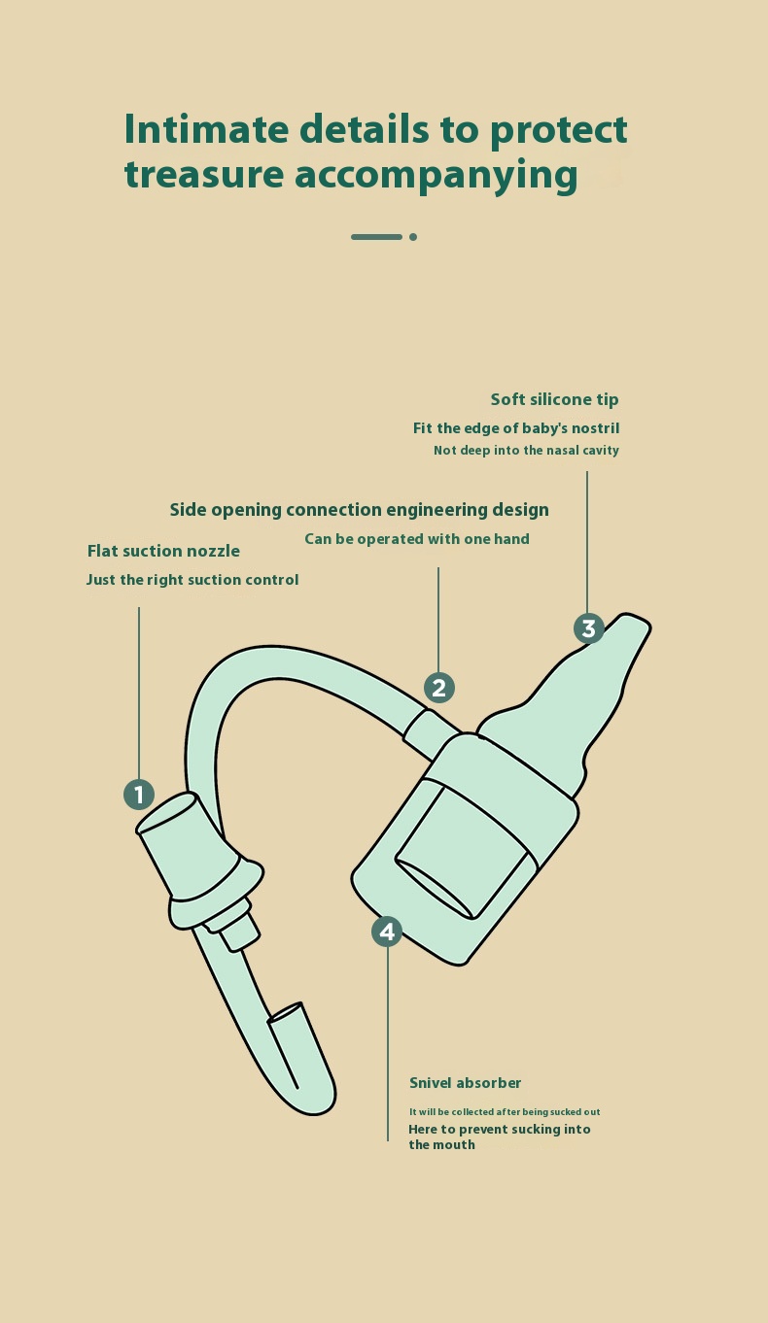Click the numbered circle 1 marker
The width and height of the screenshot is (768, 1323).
139,795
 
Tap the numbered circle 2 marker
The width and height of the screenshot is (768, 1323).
439,688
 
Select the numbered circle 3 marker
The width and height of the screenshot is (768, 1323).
589,628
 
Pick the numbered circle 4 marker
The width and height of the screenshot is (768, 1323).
387,932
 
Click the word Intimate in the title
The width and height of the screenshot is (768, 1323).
206,129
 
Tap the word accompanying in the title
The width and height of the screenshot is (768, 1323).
436,175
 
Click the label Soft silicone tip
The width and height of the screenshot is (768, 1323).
554,399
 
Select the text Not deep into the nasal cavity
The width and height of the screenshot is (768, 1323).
526,450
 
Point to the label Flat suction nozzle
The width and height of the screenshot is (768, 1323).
163,551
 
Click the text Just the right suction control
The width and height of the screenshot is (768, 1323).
192,579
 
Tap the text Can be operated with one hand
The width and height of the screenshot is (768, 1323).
417,539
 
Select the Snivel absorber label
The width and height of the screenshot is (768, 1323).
466,1083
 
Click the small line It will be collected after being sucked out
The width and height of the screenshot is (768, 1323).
505,1111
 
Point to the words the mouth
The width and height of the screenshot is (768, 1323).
441,1144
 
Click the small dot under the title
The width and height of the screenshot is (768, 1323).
413,237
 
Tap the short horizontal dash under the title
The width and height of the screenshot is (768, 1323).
376,237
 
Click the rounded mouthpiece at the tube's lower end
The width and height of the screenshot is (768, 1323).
302,1063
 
